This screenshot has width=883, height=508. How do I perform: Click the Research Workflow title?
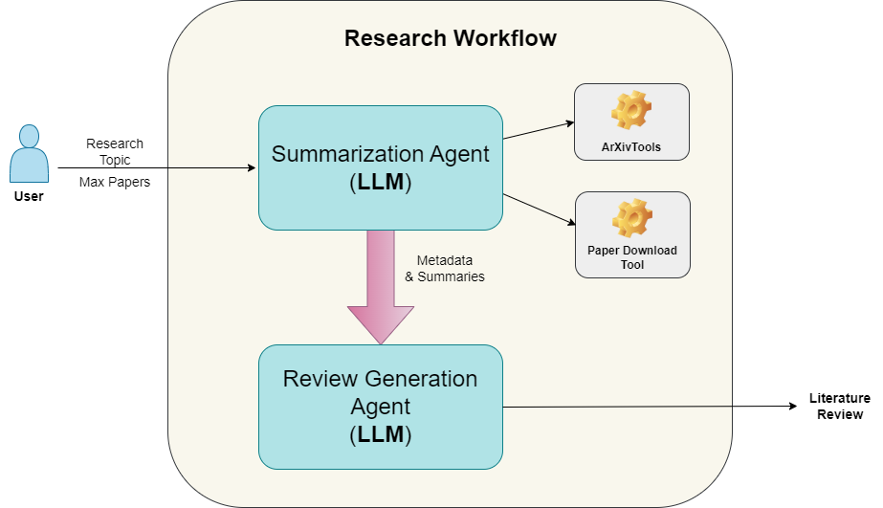click(x=450, y=39)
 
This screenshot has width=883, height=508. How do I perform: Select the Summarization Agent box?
click(x=380, y=167)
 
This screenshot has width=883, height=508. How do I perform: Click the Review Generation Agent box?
click(x=380, y=407)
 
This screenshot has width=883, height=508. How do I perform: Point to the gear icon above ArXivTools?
click(x=631, y=111)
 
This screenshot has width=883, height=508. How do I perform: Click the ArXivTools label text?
click(x=631, y=148)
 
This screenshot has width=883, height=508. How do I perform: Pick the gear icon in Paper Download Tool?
click(x=631, y=218)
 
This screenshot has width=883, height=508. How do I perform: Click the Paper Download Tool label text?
click(x=631, y=257)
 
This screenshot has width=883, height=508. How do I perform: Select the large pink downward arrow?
click(x=380, y=287)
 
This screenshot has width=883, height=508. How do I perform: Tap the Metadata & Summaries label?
click(x=445, y=269)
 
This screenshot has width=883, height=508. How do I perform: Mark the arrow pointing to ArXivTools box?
click(x=538, y=130)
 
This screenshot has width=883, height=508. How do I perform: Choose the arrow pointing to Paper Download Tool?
click(x=539, y=210)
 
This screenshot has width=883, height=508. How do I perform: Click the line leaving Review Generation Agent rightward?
click(x=617, y=407)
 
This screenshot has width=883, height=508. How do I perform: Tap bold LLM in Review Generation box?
click(x=381, y=435)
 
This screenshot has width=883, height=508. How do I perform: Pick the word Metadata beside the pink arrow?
click(x=445, y=260)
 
